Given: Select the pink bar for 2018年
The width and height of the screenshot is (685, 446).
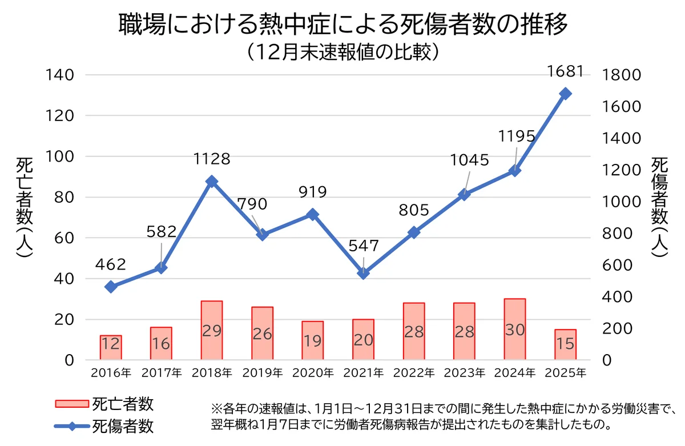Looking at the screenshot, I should (x=212, y=331).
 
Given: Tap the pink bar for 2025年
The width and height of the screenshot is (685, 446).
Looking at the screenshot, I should (x=565, y=345).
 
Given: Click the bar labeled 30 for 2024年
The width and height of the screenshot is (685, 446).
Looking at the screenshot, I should (x=514, y=330).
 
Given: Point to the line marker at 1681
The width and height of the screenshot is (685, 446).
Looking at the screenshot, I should (x=565, y=94).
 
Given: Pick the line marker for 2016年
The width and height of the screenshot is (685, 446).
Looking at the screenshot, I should (x=111, y=287).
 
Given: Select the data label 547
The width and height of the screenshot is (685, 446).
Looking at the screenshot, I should (x=364, y=246).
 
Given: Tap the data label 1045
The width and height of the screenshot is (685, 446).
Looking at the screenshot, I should (x=470, y=160).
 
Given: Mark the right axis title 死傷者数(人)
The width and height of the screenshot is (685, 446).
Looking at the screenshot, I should (x=660, y=208).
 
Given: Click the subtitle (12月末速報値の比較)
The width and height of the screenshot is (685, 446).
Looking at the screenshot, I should (x=342, y=52).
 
